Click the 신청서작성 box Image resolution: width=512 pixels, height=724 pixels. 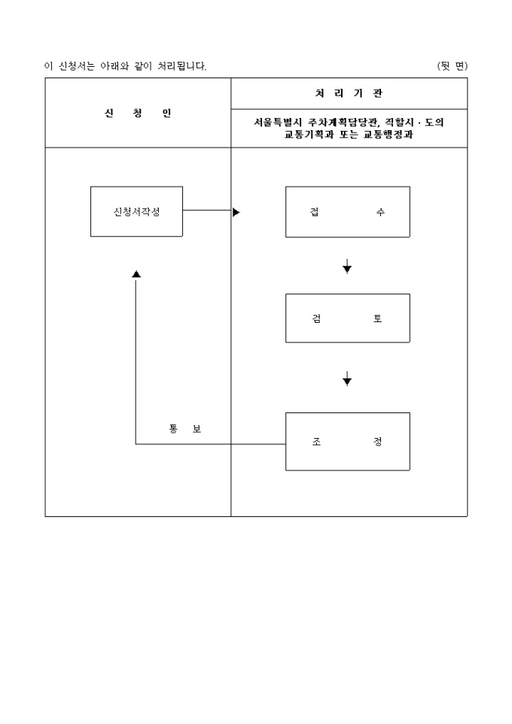pyautogui.click(x=136, y=211)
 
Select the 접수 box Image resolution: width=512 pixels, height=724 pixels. pyautogui.click(x=348, y=212)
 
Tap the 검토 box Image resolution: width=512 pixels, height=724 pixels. pyautogui.click(x=348, y=318)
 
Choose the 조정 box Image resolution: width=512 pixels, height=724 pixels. pyautogui.click(x=348, y=442)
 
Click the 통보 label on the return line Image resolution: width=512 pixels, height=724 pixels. pyautogui.click(x=185, y=429)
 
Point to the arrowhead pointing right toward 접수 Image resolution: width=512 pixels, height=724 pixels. pyautogui.click(x=236, y=212)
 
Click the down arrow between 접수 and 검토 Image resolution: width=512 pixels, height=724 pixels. pyautogui.click(x=347, y=266)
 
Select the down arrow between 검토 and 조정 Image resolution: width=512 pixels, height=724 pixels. pyautogui.click(x=347, y=378)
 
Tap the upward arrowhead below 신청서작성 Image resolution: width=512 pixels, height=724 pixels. pyautogui.click(x=136, y=274)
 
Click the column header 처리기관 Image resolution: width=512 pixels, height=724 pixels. pyautogui.click(x=349, y=93)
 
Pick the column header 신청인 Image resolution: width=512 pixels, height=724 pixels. pyautogui.click(x=138, y=113)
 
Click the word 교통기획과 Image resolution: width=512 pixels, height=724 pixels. pyautogui.click(x=309, y=135)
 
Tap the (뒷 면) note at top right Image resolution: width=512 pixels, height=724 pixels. pyautogui.click(x=453, y=66)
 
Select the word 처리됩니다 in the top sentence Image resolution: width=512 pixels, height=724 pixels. pyautogui.click(x=182, y=66)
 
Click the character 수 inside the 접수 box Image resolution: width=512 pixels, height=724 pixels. pyautogui.click(x=379, y=212)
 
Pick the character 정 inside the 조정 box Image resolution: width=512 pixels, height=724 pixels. pyautogui.click(x=378, y=442)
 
